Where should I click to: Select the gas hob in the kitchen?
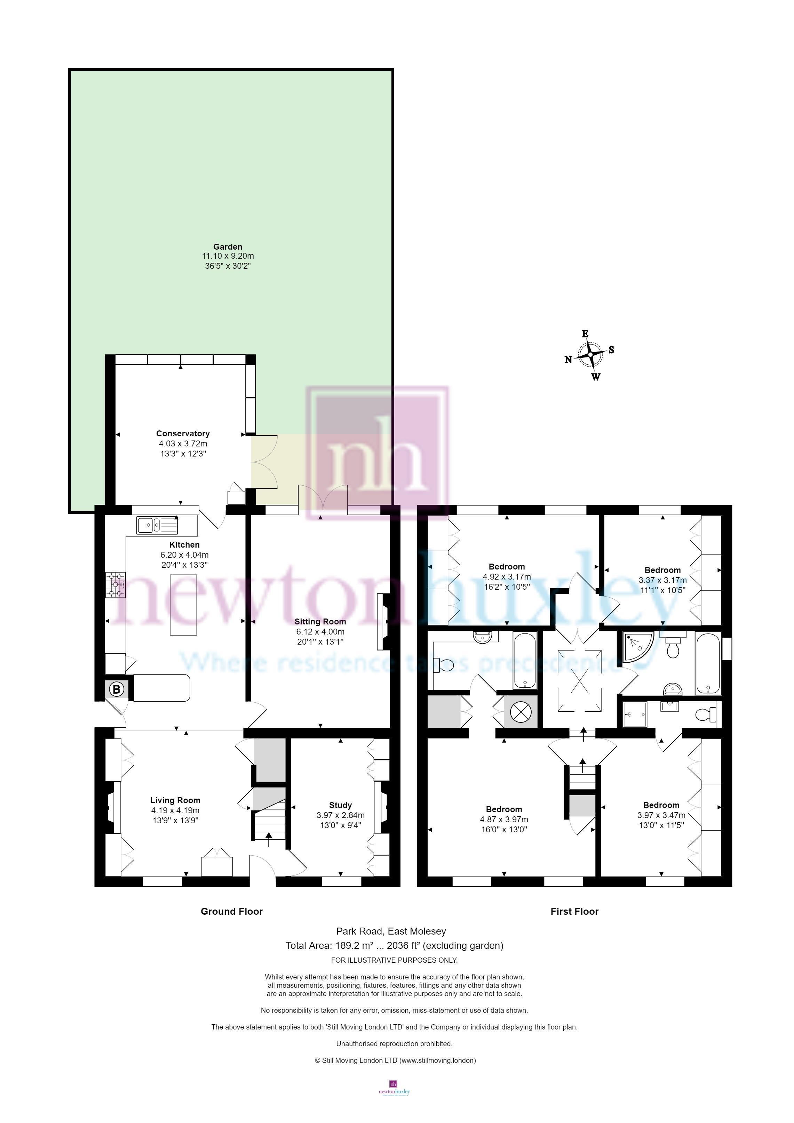(115, 585)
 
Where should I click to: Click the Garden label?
(228, 247)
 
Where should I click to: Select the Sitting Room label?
(320, 622)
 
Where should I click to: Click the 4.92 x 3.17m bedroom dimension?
(507, 577)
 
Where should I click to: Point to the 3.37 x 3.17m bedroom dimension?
(663, 580)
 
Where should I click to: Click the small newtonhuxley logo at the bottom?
(394, 1099)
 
